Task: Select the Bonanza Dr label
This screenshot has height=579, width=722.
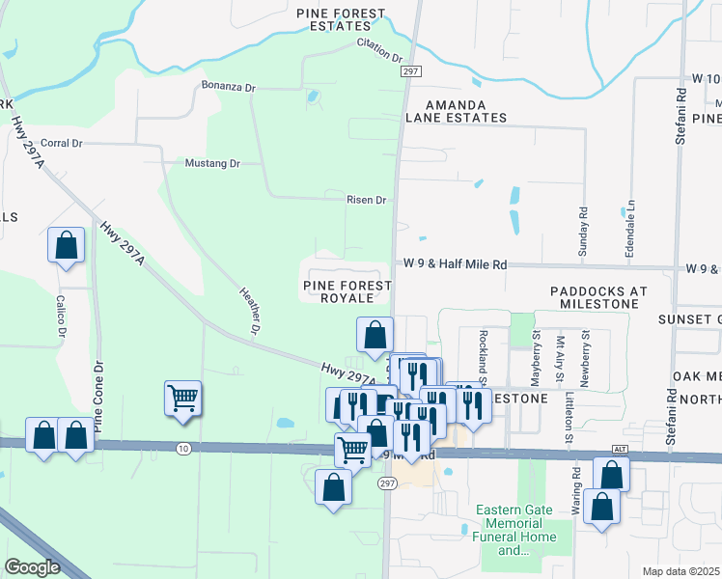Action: pyautogui.click(x=228, y=87)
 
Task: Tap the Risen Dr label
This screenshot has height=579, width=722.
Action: pyautogui.click(x=367, y=200)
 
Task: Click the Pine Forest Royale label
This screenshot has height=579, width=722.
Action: pyautogui.click(x=347, y=291)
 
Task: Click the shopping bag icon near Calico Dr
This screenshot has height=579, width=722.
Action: pyautogui.click(x=66, y=245)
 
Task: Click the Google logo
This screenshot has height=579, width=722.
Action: pyautogui.click(x=32, y=567)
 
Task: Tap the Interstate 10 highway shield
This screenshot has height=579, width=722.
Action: pyautogui.click(x=183, y=448)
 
